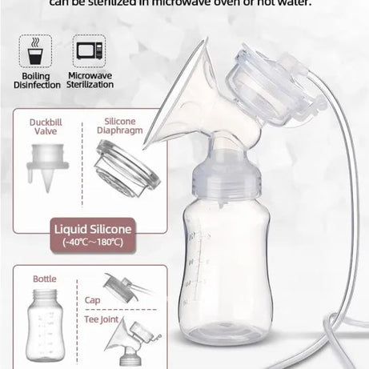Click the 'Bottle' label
44,279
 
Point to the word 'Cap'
93,302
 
